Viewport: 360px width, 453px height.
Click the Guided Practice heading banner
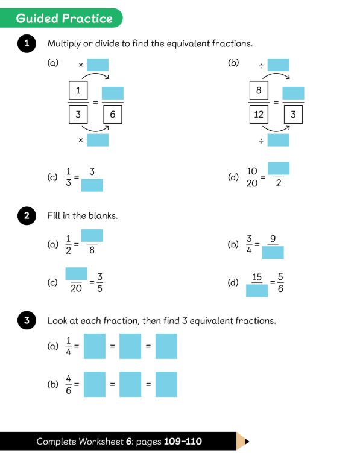click(62, 18)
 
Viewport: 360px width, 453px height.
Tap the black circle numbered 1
click(27, 43)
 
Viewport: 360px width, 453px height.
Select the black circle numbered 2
click(27, 215)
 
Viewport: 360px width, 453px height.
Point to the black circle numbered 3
click(27, 320)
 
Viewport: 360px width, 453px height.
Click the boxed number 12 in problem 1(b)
click(259, 115)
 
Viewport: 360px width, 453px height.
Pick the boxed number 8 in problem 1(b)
click(259, 90)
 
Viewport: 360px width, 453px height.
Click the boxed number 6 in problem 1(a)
click(113, 115)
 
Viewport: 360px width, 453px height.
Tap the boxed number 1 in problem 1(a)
click(78, 90)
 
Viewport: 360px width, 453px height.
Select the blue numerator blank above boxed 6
click(113, 93)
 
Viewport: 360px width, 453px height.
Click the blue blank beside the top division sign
click(278, 65)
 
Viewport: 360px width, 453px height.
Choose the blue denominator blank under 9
click(273, 252)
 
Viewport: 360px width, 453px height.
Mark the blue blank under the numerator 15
click(257, 291)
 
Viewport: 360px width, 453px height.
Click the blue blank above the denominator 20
click(76, 274)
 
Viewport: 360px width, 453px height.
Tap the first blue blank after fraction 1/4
click(95, 346)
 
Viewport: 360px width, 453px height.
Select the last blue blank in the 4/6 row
click(166, 384)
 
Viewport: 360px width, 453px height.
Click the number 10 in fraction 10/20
click(252, 171)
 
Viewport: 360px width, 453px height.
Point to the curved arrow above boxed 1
click(96, 74)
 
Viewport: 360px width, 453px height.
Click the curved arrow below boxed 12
click(276, 130)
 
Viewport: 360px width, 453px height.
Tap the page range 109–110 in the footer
click(183, 441)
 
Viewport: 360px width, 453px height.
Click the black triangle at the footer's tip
click(247, 441)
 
